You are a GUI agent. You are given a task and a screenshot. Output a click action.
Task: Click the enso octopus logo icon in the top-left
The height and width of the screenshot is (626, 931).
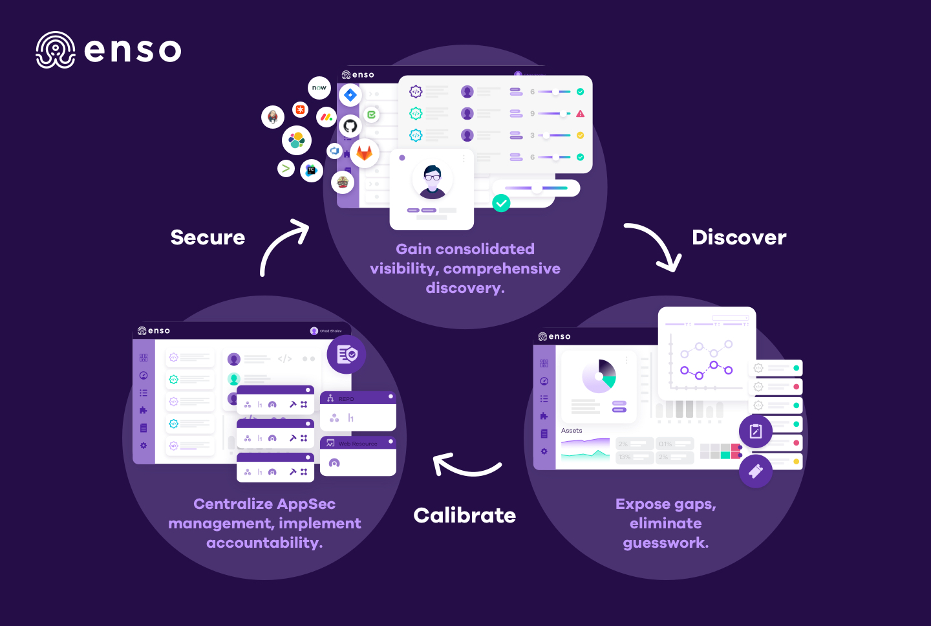(x=56, y=50)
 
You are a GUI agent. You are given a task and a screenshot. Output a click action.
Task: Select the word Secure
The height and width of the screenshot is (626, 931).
(x=208, y=237)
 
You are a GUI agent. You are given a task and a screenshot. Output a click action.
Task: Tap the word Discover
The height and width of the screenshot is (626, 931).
(x=739, y=237)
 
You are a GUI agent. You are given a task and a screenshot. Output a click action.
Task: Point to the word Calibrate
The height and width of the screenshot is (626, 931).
(x=464, y=515)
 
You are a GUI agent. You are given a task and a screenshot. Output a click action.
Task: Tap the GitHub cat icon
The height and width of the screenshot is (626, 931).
(x=350, y=125)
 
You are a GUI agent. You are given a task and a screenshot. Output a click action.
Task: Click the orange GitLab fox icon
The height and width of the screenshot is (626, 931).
(x=365, y=153)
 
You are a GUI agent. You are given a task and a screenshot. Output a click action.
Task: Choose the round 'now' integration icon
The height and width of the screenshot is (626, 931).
(x=319, y=88)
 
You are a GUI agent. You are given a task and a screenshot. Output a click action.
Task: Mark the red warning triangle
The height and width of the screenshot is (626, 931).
(x=580, y=114)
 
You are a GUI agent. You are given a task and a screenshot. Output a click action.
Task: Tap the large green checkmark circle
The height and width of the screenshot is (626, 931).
(x=501, y=203)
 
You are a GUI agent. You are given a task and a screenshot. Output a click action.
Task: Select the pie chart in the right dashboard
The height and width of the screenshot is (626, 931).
(x=599, y=376)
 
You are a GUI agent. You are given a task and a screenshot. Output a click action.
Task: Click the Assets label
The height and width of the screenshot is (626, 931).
(x=572, y=431)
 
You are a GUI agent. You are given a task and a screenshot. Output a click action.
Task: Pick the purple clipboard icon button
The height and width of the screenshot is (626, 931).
(x=755, y=431)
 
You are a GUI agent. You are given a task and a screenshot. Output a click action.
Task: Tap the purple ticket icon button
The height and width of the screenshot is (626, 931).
(x=755, y=471)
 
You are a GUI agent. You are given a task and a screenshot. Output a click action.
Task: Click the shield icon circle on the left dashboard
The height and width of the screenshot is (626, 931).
(x=347, y=354)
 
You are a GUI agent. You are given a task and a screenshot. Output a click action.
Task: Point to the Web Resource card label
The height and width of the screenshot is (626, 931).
(x=358, y=444)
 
